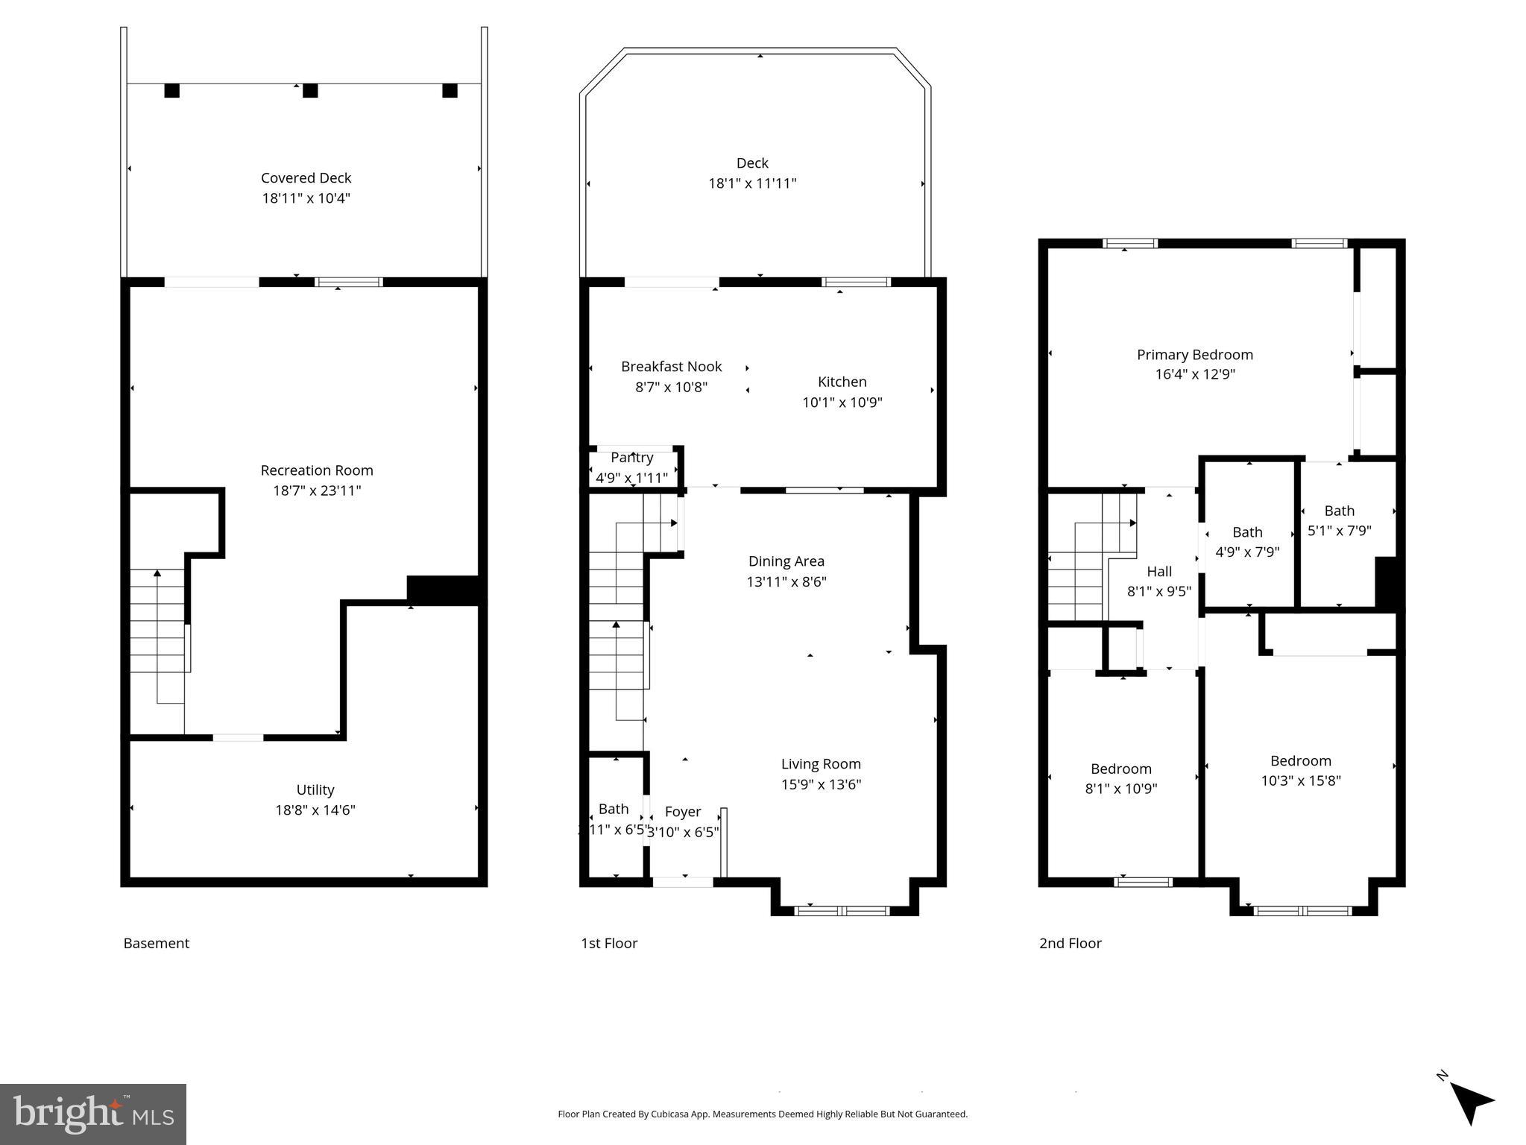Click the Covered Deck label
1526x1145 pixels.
(306, 178)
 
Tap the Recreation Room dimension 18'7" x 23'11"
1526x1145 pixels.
(317, 491)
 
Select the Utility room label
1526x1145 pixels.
(315, 789)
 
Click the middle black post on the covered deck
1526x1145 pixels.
(310, 90)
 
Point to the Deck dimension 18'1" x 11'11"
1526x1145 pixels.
(752, 183)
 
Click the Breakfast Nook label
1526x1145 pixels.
(671, 367)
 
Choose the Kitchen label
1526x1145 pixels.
(842, 382)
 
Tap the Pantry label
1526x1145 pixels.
(631, 458)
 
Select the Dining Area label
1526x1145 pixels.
(786, 561)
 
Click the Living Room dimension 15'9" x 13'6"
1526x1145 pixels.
(821, 784)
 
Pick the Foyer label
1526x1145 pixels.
(682, 812)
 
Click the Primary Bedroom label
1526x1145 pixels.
(1194, 355)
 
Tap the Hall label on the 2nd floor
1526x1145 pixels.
(1158, 572)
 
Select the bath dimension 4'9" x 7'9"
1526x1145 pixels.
(1247, 552)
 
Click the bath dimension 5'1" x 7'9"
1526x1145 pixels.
(1339, 531)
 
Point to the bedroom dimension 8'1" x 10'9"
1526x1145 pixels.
(1120, 789)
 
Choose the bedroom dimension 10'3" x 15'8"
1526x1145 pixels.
(1300, 780)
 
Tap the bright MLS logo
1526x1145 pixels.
(93, 1114)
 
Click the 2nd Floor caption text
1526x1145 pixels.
(1070, 943)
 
